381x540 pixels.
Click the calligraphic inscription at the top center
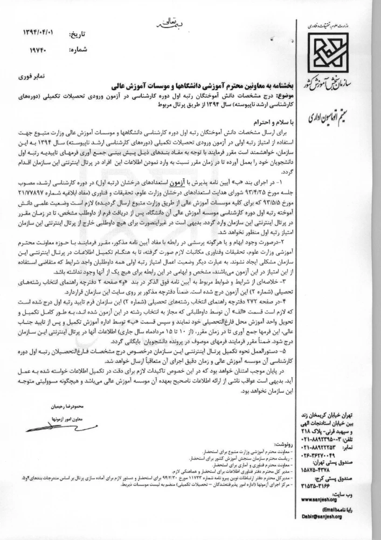tap(165, 22)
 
